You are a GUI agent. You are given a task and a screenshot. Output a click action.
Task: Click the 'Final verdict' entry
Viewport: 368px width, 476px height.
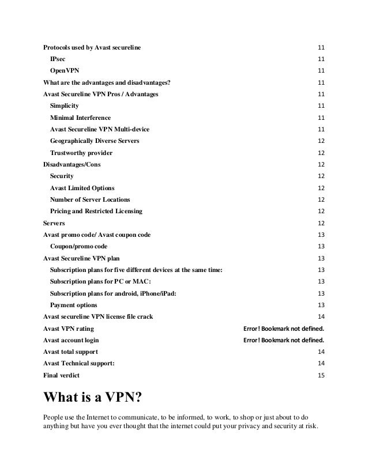(x=62, y=375)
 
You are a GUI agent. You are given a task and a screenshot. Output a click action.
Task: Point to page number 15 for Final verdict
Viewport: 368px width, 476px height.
(x=321, y=375)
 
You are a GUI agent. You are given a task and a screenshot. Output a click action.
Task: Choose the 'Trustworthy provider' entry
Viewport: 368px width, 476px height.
(x=81, y=153)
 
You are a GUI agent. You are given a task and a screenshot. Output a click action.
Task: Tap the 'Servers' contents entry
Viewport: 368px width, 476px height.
(x=54, y=223)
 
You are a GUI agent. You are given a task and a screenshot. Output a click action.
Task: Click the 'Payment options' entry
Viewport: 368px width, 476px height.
(x=73, y=305)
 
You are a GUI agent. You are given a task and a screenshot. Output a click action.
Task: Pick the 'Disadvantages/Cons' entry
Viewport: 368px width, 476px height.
(x=71, y=164)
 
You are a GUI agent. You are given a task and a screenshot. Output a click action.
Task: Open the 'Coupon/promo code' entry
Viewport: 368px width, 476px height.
(x=78, y=246)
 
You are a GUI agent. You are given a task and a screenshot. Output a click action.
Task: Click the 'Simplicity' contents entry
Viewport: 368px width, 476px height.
(x=65, y=106)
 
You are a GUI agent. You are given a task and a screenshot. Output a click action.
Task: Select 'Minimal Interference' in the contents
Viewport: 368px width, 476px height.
(x=80, y=118)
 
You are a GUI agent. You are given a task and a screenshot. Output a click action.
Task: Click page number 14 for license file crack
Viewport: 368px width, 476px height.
(x=321, y=316)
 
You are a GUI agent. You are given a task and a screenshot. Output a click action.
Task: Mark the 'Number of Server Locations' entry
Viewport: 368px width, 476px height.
(x=90, y=199)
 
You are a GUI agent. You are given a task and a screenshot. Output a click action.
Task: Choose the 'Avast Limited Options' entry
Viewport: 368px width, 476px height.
(x=82, y=188)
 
